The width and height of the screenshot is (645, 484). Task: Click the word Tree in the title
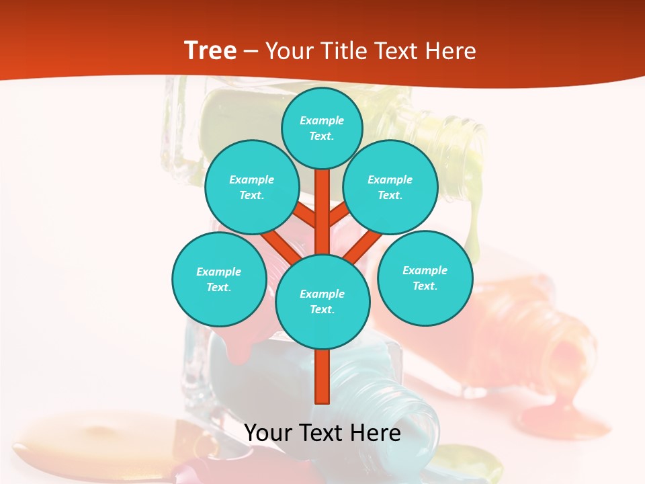tap(210, 50)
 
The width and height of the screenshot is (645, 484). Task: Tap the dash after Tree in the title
tap(251, 51)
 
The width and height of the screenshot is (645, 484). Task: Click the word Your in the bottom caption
tap(268, 433)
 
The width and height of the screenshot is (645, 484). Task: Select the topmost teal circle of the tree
tap(322, 128)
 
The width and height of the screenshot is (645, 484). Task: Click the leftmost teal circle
tap(219, 279)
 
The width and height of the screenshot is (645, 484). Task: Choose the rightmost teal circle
tap(425, 278)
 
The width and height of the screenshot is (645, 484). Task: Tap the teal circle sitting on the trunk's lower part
tap(322, 301)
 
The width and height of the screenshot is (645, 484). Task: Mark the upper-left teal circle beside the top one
tap(251, 187)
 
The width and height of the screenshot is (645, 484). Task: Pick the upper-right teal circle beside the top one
tap(390, 187)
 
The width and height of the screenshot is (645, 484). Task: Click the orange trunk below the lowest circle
tap(322, 376)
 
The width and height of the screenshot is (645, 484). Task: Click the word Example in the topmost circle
tap(322, 120)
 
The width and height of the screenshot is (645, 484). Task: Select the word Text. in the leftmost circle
tap(218, 287)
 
